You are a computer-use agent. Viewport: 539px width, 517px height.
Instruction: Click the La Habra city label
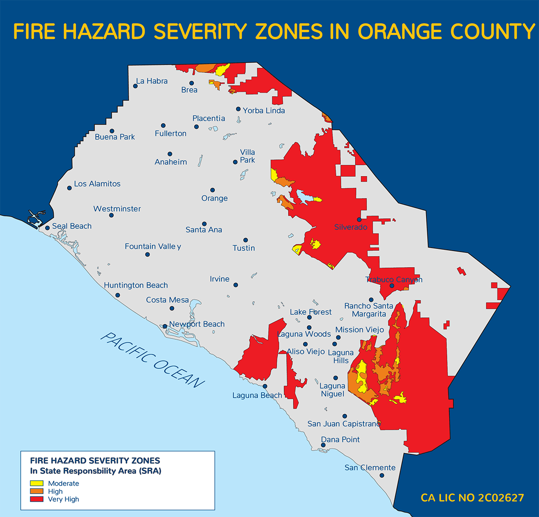[152, 81]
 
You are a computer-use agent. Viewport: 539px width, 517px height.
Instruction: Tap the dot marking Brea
[191, 83]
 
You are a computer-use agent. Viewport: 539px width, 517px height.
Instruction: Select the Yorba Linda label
[264, 110]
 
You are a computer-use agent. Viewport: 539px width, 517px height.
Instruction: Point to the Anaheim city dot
[170, 154]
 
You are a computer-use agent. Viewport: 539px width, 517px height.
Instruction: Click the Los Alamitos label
[97, 184]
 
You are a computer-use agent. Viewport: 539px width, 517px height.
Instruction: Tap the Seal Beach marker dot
[48, 228]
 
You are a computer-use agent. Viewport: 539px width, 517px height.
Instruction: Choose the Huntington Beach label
[136, 285]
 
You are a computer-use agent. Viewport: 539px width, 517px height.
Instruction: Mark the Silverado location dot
[359, 219]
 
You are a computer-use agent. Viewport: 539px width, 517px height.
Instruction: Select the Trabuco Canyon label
[394, 280]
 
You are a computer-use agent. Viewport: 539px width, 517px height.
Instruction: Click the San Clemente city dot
[382, 475]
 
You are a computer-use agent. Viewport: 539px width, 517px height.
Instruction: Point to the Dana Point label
[340, 440]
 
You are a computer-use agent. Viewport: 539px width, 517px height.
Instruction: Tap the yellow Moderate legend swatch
[36, 483]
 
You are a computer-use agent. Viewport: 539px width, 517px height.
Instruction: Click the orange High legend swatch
[36, 491]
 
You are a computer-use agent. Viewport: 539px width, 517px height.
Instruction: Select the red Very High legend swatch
[36, 499]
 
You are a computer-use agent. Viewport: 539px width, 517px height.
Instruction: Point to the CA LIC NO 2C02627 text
[472, 498]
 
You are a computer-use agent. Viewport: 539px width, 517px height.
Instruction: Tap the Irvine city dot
[236, 285]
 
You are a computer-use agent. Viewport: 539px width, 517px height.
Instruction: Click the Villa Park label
[247, 156]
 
